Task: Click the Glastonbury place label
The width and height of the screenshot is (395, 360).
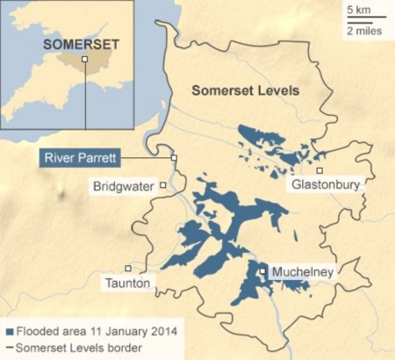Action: (x=324, y=185)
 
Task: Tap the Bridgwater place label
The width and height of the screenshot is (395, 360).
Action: (x=124, y=186)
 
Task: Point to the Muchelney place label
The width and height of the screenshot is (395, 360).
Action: (x=301, y=272)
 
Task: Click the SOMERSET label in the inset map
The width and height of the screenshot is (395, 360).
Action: (x=69, y=42)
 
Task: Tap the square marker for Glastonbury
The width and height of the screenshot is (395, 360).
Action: (x=320, y=170)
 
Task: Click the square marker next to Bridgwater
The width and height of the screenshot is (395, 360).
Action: (x=163, y=185)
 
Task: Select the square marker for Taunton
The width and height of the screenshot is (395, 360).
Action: (x=128, y=269)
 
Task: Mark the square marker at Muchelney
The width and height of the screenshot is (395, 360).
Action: (x=262, y=272)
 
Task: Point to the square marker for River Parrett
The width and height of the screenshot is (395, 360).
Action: (x=174, y=158)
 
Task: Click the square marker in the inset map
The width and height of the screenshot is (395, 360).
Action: (x=84, y=59)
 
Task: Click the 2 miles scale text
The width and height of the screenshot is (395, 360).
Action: (x=363, y=30)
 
